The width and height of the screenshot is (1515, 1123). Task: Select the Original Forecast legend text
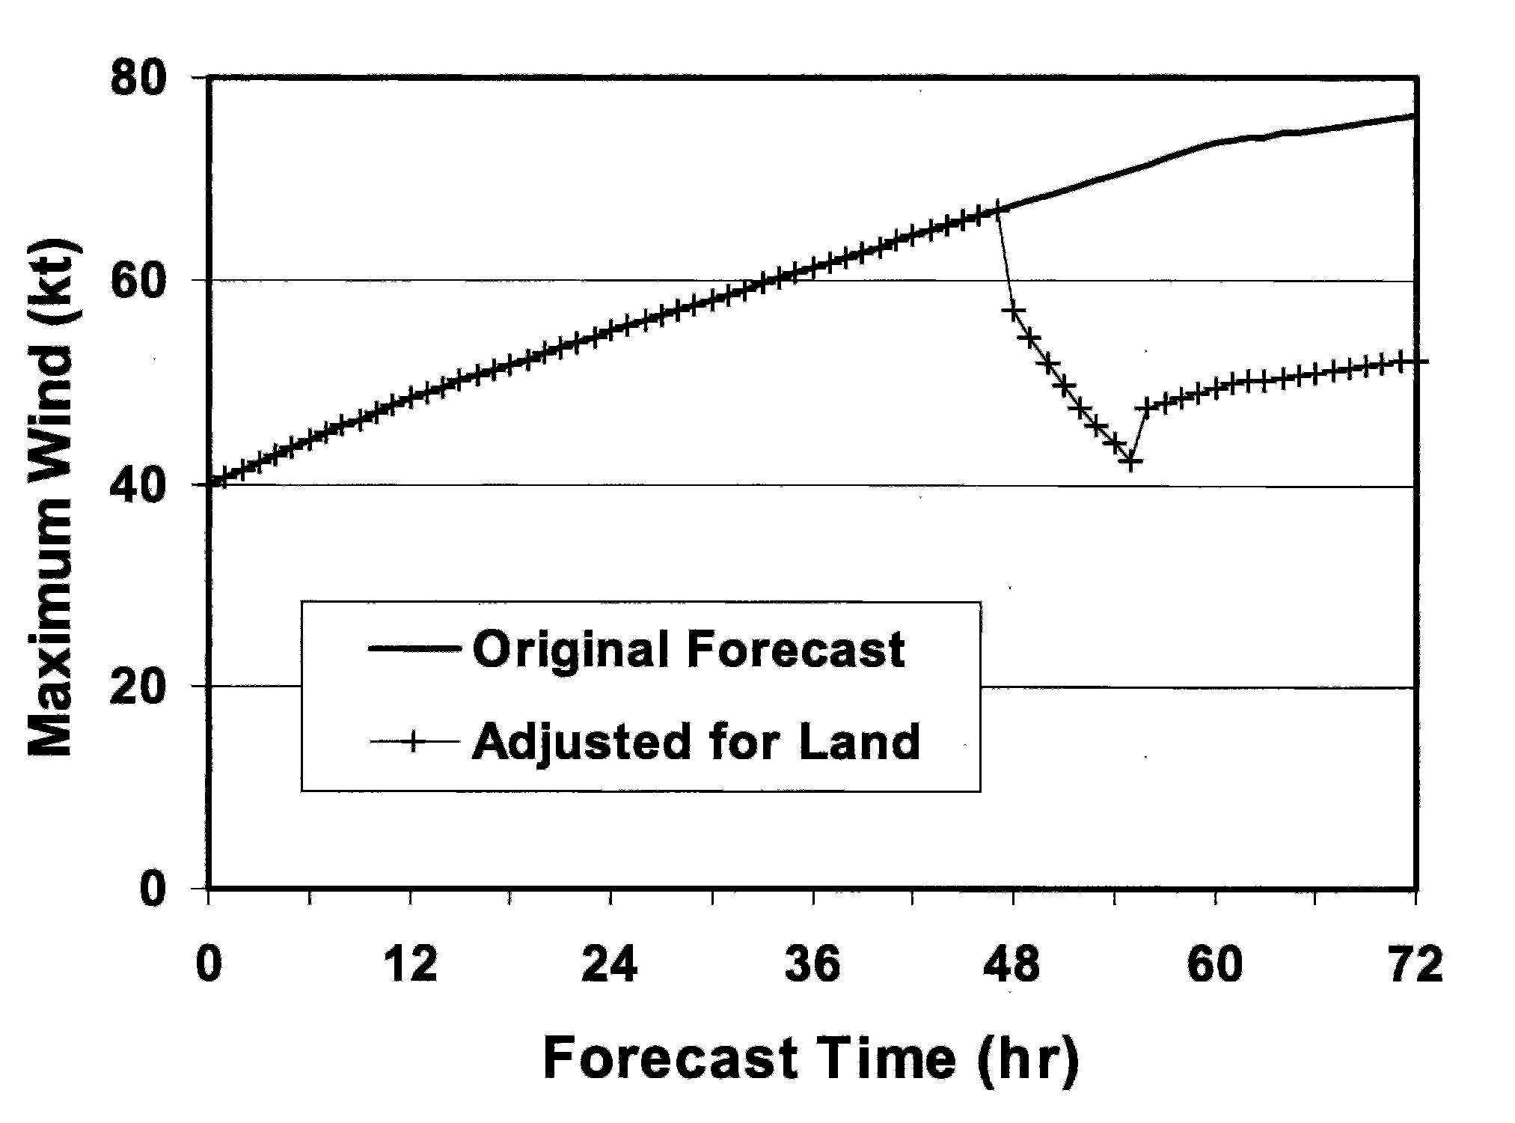click(688, 649)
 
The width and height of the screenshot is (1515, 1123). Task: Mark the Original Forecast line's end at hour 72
click(1413, 116)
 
